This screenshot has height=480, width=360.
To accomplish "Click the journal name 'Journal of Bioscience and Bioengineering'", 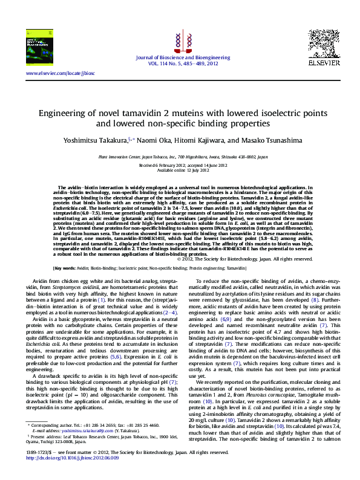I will [x=180, y=57].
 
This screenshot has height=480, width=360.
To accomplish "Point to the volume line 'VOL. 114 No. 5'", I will [x=180, y=63].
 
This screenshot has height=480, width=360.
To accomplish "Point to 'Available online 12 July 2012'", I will [x=180, y=169].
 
